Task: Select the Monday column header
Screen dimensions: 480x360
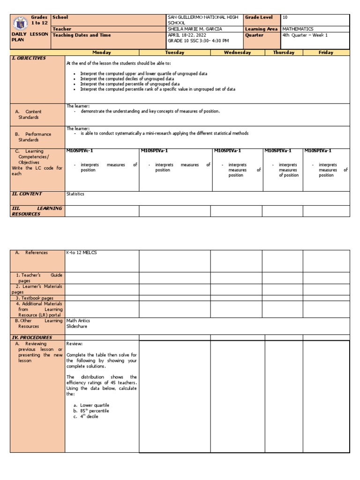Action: [x=102, y=52]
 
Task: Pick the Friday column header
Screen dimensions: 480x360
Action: [x=326, y=52]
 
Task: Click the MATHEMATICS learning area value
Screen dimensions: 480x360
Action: [x=298, y=29]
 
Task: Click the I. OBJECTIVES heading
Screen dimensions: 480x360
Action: [x=29, y=58]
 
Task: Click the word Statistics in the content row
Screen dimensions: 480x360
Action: [x=75, y=194]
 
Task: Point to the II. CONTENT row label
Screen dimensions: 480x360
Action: [x=27, y=194]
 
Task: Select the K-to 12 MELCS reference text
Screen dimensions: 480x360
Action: [x=82, y=253]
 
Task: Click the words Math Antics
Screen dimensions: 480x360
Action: [x=78, y=321]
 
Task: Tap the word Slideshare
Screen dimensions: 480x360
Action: [x=77, y=326]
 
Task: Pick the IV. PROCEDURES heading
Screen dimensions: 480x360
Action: [x=32, y=337]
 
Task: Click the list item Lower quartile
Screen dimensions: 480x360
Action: [x=95, y=405]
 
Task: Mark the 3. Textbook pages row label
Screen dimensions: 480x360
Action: [x=35, y=298]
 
